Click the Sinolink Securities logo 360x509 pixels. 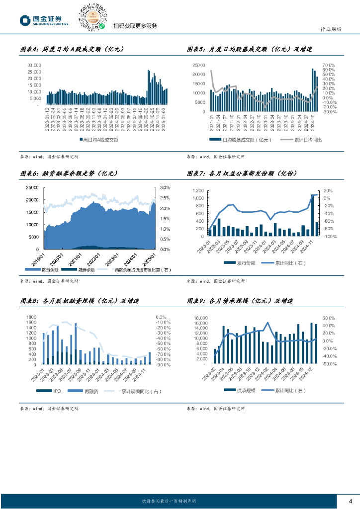click(44, 20)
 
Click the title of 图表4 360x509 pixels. click(72, 50)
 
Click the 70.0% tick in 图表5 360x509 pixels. click(329, 65)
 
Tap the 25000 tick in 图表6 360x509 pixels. click(32, 187)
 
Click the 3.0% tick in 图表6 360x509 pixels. click(165, 187)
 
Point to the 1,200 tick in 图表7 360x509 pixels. click(198, 191)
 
